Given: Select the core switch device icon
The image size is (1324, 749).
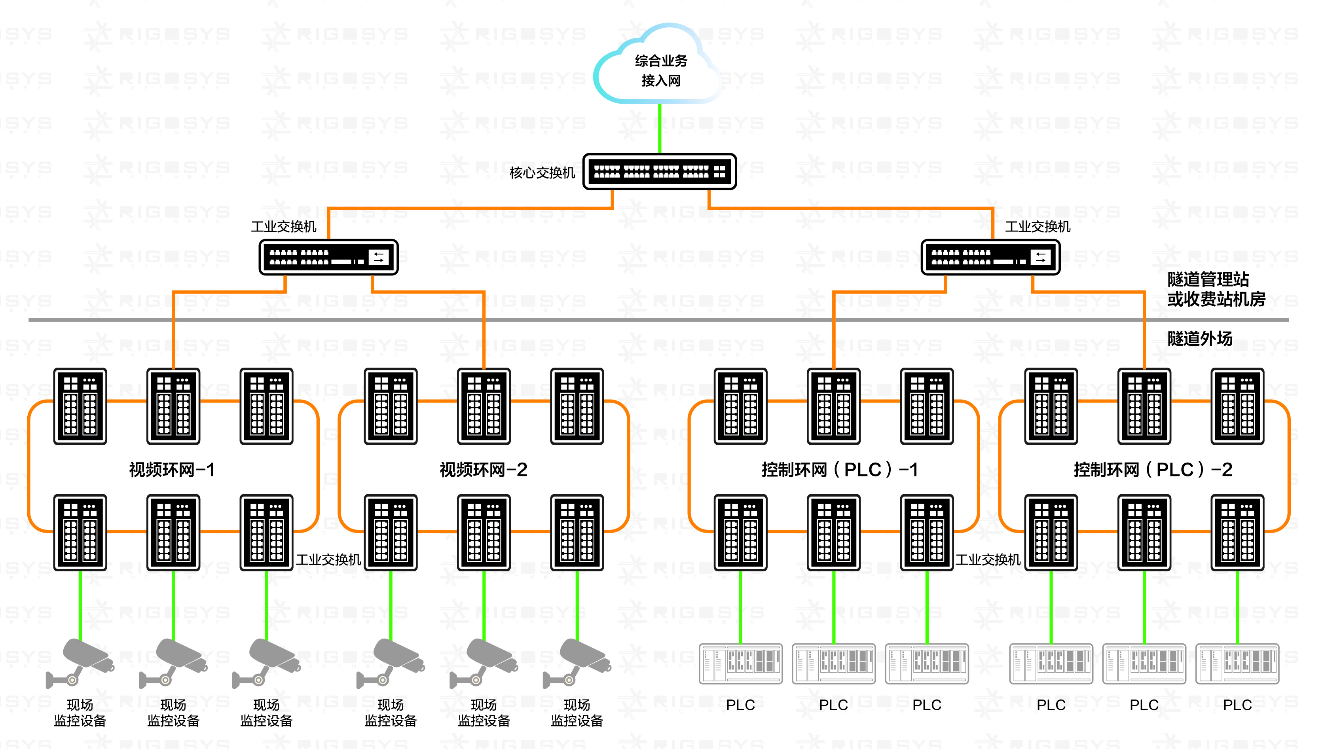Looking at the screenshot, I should tap(660, 171).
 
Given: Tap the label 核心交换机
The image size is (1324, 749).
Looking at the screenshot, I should tap(542, 173).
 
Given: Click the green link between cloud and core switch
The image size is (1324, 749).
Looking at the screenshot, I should tap(660, 128).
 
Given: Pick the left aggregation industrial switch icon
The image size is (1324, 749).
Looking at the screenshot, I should tap(328, 257).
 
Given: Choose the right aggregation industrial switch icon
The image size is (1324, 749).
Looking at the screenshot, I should tap(990, 257).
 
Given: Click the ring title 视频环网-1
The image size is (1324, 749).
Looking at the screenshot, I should tap(172, 469).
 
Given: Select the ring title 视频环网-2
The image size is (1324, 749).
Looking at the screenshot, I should tap(483, 469).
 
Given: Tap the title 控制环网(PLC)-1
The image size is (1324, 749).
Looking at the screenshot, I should tap(839, 469).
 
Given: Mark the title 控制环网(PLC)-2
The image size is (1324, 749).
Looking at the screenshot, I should tap(1153, 469).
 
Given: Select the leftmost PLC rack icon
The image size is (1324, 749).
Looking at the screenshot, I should tap(741, 664).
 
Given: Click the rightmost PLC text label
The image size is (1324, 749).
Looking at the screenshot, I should tap(1237, 705).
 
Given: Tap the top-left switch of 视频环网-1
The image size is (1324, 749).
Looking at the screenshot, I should tap(80, 406).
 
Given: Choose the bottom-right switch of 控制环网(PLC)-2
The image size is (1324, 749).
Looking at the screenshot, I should tap(1237, 533).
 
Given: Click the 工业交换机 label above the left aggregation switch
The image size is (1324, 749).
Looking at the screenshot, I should tap(283, 226).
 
